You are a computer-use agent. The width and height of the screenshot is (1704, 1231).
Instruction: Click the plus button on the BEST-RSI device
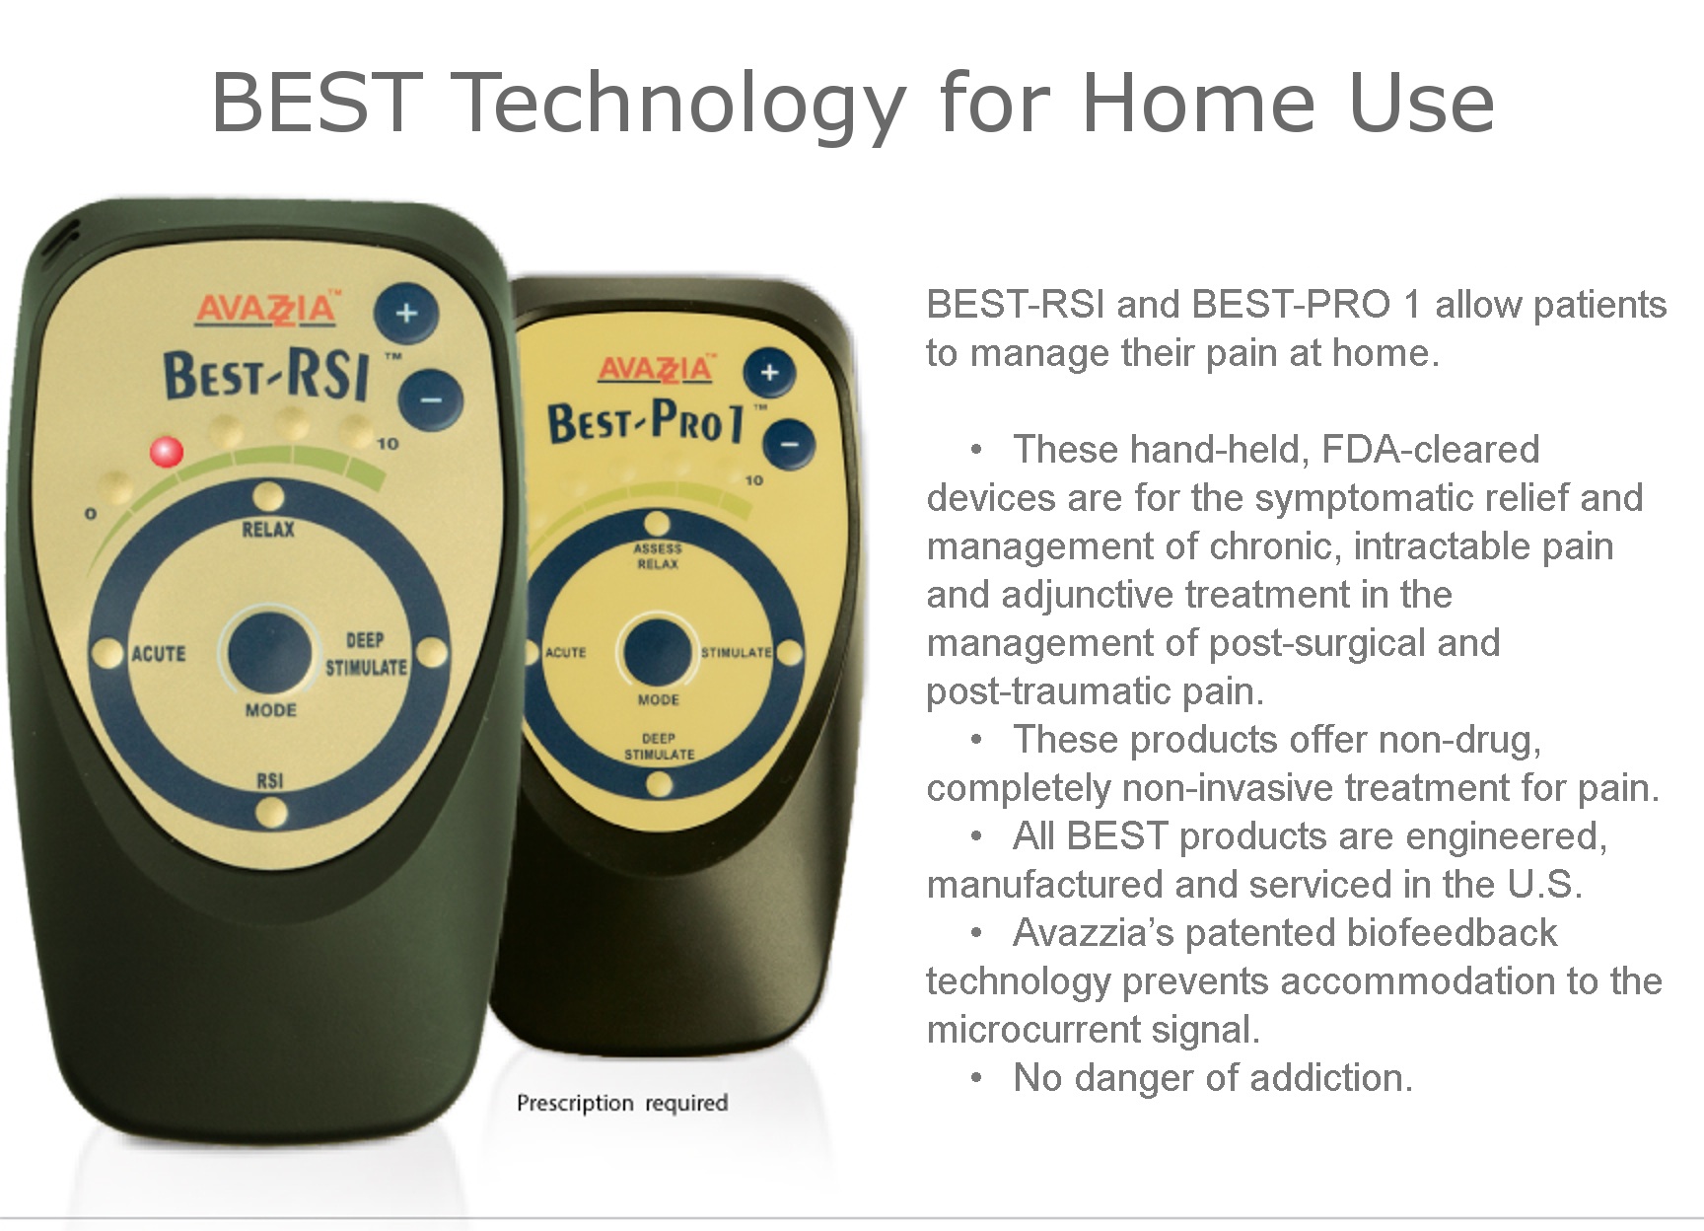point(405,315)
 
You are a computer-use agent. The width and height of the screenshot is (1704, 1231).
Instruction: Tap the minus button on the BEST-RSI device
point(431,400)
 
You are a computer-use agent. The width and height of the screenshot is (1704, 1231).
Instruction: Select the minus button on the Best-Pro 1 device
point(790,444)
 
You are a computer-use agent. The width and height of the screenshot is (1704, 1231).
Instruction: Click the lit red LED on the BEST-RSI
point(166,453)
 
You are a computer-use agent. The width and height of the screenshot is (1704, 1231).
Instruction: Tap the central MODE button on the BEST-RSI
point(269,652)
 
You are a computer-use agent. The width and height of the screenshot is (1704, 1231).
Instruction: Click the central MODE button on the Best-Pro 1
point(657,651)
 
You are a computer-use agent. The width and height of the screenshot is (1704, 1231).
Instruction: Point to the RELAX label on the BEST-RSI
point(268,530)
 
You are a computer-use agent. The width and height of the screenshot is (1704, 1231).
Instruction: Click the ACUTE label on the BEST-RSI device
point(159,654)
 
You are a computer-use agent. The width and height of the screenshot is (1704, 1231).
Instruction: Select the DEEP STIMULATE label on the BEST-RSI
point(366,654)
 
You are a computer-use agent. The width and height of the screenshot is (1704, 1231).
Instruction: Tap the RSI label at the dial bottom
point(269,781)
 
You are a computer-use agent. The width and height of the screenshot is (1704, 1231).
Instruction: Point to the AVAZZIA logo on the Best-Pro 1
point(656,368)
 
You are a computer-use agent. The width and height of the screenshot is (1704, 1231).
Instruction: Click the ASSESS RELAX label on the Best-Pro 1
point(658,556)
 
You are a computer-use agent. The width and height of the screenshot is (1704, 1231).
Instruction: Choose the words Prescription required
point(622,1104)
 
